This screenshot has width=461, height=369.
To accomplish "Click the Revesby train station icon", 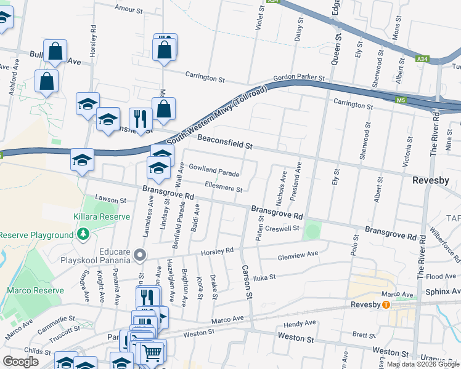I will coord(386,304).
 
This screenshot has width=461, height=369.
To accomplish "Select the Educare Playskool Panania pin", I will coord(141,255).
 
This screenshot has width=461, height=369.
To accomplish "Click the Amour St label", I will coord(129,10).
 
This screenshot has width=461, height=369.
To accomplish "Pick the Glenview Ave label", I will coord(298,254).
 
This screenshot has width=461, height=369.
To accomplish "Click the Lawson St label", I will coord(110,200).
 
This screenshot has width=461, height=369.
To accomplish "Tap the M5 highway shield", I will coord(401,100).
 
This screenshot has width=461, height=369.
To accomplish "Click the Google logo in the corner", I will coord(20,362).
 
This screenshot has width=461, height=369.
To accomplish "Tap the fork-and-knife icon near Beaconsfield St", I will coord(141,119).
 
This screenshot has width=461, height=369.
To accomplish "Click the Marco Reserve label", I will coord(35,290).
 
